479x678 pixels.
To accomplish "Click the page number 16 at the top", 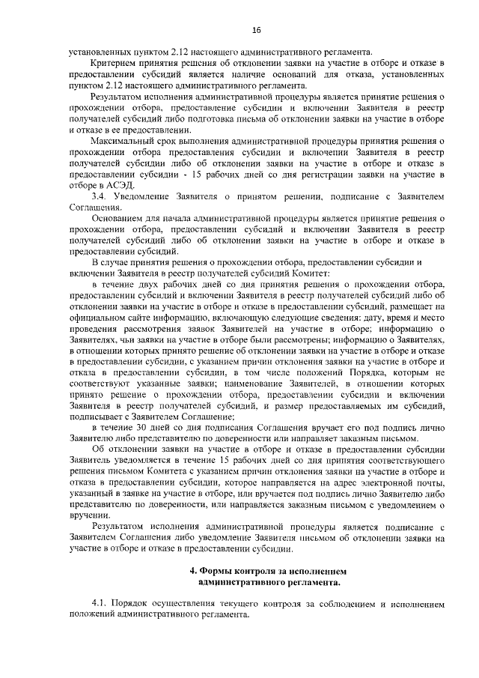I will tap(256, 29).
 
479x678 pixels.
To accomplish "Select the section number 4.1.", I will tap(99, 602).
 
